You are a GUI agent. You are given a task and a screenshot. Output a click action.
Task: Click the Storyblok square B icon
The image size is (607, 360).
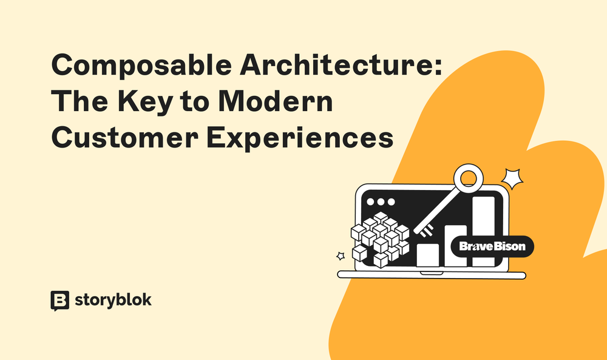click(59, 301)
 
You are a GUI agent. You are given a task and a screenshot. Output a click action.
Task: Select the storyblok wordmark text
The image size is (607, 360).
click(113, 300)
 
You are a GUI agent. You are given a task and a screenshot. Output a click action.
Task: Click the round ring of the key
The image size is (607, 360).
click(468, 179)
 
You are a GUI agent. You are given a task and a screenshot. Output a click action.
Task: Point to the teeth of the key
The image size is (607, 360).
click(425, 229)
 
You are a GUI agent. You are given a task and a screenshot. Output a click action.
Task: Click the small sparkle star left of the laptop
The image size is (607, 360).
click(341, 256)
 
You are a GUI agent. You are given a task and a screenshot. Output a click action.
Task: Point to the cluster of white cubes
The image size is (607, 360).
click(380, 239)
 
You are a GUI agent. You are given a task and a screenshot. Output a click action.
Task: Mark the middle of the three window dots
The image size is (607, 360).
click(381, 201)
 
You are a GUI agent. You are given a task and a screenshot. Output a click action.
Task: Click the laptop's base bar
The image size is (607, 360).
click(431, 275)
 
